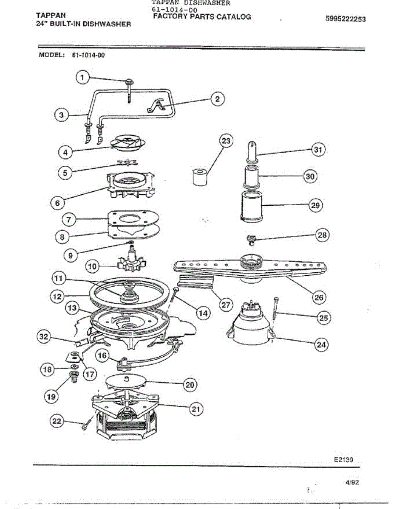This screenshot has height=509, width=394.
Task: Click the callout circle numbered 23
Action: pos(227,141)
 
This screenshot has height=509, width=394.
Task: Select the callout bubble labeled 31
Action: pos(318,149)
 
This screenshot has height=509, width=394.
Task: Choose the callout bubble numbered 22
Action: pos(57,421)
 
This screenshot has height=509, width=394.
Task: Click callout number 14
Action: pos(203,313)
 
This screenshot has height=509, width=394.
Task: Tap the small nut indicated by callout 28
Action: pos(251,240)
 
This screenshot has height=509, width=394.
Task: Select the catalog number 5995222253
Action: pos(345,19)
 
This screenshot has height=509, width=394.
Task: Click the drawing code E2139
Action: pos(343,459)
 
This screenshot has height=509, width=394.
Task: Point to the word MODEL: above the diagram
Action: pos(51,55)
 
